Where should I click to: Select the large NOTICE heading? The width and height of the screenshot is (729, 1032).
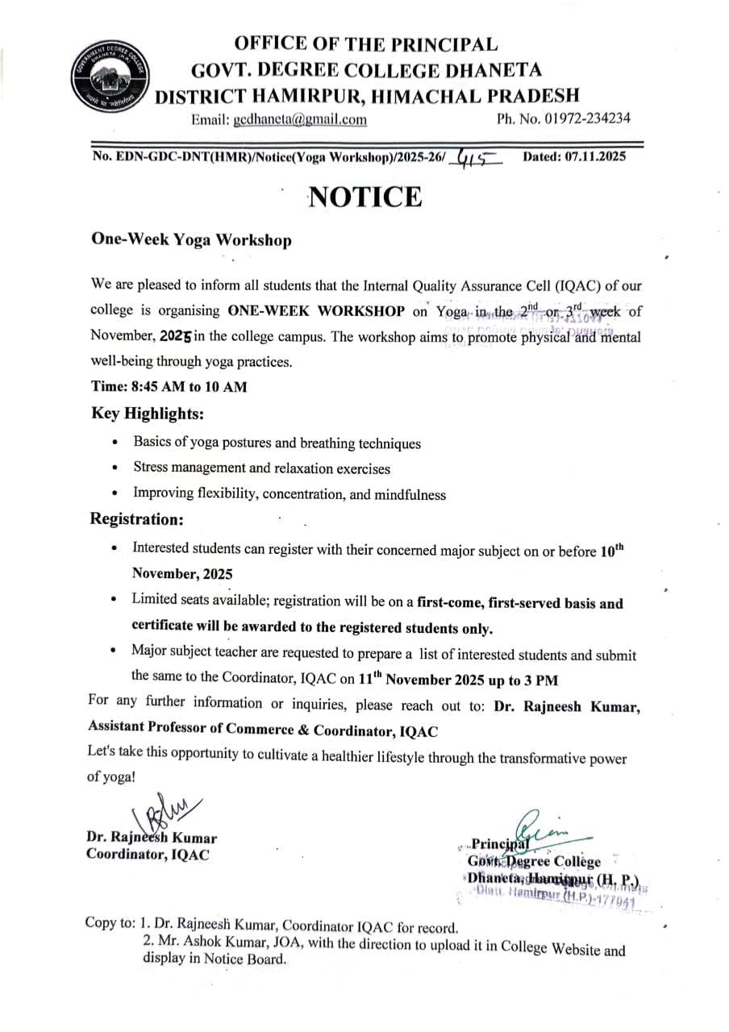click(365, 197)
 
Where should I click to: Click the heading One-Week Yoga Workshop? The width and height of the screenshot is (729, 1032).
click(191, 240)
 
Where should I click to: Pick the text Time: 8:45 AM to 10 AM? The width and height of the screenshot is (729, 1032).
click(169, 386)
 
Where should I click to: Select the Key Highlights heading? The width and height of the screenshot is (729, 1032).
click(148, 414)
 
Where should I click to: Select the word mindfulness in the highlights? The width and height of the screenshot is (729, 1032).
click(406, 494)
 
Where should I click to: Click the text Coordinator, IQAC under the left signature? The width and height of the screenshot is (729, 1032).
click(148, 855)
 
